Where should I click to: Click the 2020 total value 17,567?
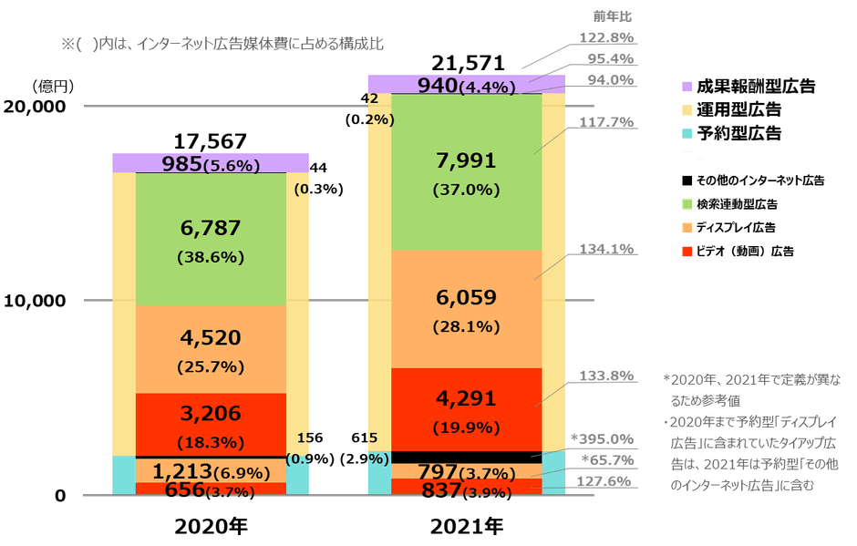[x=210, y=141]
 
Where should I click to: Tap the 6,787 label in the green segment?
[x=210, y=226]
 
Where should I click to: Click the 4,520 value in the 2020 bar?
[x=210, y=338]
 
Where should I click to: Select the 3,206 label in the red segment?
[x=210, y=414]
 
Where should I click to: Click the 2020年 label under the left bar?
[x=211, y=527]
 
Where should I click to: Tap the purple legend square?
[x=687, y=88]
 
